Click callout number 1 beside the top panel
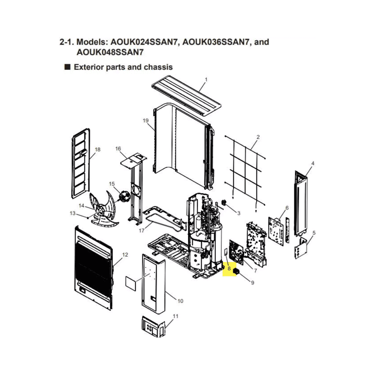click(x=206, y=79)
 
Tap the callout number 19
click(x=146, y=120)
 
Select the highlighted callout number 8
click(x=229, y=269)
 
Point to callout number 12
click(x=125, y=255)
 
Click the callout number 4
click(x=313, y=163)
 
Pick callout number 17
click(x=142, y=231)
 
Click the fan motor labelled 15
click(x=124, y=196)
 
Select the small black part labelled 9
click(x=236, y=271)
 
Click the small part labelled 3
click(x=224, y=203)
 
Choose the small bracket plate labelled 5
click(x=300, y=248)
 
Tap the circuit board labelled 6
click(x=276, y=231)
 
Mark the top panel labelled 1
click(x=187, y=96)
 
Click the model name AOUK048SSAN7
click(x=110, y=52)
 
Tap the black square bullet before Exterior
click(x=67, y=67)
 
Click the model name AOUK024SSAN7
click(x=144, y=42)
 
